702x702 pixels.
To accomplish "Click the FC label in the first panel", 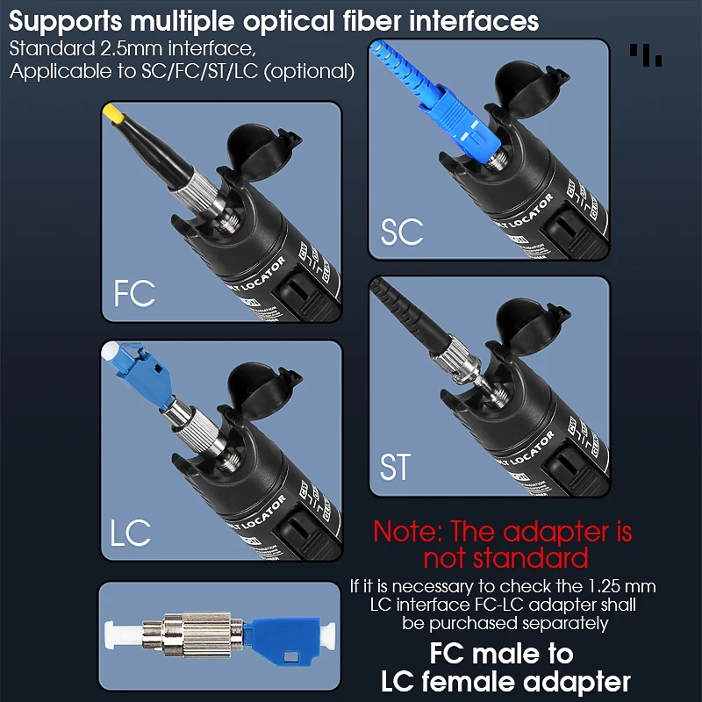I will [x=134, y=293].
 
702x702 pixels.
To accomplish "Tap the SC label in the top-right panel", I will [x=402, y=232].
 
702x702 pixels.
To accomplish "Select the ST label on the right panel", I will [x=395, y=466].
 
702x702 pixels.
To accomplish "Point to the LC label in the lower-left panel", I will [x=131, y=532].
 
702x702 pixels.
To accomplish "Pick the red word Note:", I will [x=408, y=532].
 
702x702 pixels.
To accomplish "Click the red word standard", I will [x=505, y=558].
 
